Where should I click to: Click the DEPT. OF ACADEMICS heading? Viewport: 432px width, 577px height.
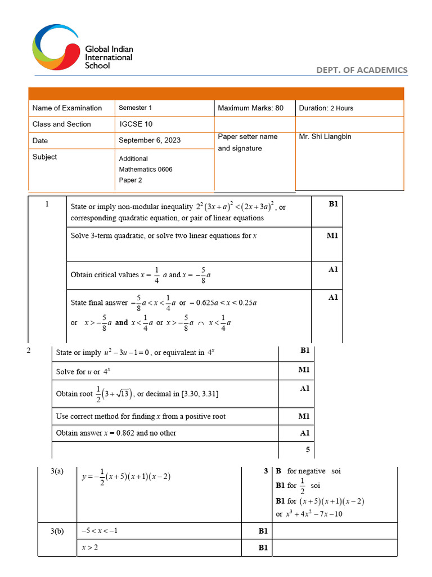point(362,70)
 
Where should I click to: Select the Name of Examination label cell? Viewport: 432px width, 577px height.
point(67,108)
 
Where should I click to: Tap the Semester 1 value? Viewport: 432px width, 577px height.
point(135,108)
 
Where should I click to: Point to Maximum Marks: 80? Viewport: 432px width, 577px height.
point(250,108)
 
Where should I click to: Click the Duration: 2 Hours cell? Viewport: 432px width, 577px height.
point(326,108)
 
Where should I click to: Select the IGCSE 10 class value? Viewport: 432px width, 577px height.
point(136,124)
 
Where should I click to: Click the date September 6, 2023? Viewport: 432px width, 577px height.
point(150,140)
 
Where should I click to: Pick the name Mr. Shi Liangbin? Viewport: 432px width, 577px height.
point(325,137)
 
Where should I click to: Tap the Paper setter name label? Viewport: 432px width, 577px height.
point(247,143)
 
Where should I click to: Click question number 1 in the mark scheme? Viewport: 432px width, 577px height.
point(47,205)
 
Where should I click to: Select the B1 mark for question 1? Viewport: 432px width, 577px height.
point(333,205)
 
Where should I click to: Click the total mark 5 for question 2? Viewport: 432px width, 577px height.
point(307,450)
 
